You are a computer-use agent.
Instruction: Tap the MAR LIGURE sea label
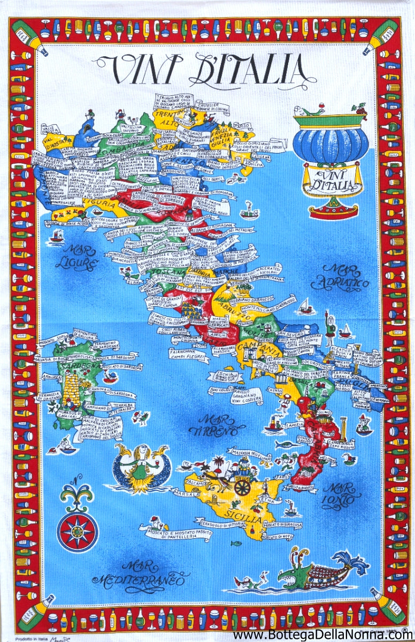click(76, 257)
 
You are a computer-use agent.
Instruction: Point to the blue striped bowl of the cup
click(331, 144)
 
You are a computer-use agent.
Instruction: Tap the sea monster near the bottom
click(316, 573)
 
